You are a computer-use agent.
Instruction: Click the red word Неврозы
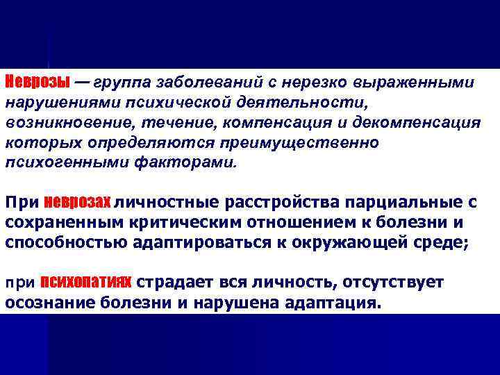[x=37, y=82]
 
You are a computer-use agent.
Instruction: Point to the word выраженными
[x=414, y=83]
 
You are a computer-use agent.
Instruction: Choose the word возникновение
[x=60, y=123]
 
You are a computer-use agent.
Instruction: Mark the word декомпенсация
[x=421, y=123]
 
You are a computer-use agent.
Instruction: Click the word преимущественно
[x=298, y=143]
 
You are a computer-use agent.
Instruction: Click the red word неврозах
[x=77, y=203]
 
